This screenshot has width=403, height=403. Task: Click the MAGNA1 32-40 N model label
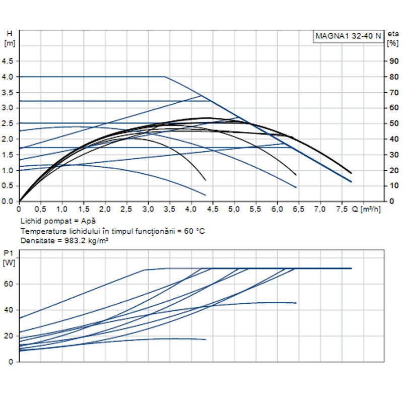coord(348,36)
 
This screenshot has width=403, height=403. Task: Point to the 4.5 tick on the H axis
coord(8,61)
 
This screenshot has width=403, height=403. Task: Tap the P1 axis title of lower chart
coord(8,253)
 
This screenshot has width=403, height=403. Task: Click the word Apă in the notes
coord(89,221)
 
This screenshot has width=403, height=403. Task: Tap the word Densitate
coord(36,241)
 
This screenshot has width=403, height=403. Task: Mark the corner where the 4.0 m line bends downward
coord(165,77)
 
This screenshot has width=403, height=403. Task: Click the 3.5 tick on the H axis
coord(8,92)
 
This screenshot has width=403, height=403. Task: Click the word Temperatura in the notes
coord(42,231)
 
